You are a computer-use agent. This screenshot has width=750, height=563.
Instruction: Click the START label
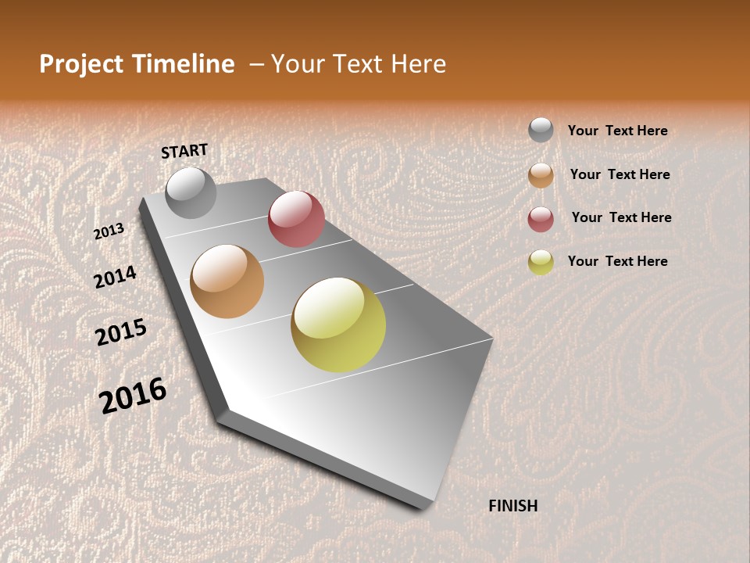click(184, 151)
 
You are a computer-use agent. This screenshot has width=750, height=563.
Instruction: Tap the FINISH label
click(512, 506)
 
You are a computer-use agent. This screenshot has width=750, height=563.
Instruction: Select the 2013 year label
click(109, 231)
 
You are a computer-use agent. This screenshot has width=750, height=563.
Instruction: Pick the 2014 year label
click(115, 277)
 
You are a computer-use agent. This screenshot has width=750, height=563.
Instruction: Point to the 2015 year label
click(121, 332)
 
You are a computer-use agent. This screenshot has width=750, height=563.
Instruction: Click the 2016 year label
click(133, 395)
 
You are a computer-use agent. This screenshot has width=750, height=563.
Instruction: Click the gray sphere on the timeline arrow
click(191, 192)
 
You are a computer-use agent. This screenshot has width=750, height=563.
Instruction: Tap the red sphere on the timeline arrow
click(296, 219)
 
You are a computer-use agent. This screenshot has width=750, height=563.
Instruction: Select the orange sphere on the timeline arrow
click(227, 281)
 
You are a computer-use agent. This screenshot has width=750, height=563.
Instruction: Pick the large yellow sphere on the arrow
click(338, 325)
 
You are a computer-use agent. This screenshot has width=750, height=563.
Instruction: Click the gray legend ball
click(541, 131)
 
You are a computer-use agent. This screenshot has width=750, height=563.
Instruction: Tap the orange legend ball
click(541, 175)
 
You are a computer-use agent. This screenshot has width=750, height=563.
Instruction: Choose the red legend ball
click(541, 219)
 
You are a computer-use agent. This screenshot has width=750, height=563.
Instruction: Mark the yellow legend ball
click(541, 262)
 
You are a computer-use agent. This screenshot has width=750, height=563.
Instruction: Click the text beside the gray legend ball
click(617, 131)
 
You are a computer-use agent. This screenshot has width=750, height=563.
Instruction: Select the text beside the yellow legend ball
click(617, 261)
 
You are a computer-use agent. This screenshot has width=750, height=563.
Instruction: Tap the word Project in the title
click(81, 64)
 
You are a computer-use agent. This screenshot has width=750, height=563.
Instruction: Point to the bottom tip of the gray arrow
click(426, 507)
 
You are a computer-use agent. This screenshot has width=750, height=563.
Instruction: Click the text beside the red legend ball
click(621, 217)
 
